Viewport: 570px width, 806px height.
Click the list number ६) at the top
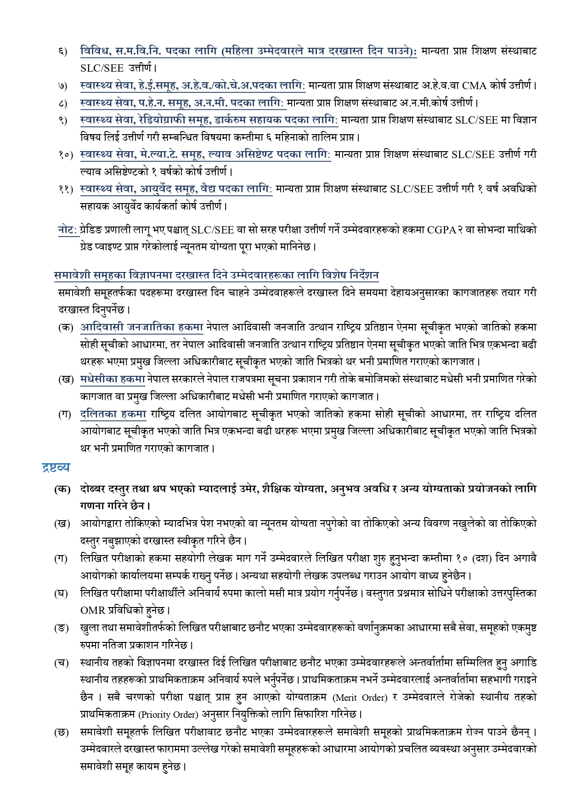tap(62, 51)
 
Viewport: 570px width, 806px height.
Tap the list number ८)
tap(62, 103)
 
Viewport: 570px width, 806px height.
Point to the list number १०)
tap(66, 155)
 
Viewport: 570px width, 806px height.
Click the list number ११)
tap(66, 189)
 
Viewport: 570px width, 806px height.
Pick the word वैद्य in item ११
tap(212, 189)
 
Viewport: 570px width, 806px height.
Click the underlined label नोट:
tap(68, 230)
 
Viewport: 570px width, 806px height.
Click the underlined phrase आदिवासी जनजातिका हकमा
tap(141, 328)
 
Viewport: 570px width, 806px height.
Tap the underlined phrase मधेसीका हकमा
tap(113, 380)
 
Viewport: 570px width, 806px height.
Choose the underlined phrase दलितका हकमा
tap(113, 414)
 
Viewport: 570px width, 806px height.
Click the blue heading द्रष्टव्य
tap(56, 468)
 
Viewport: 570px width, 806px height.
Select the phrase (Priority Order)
tap(168, 715)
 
